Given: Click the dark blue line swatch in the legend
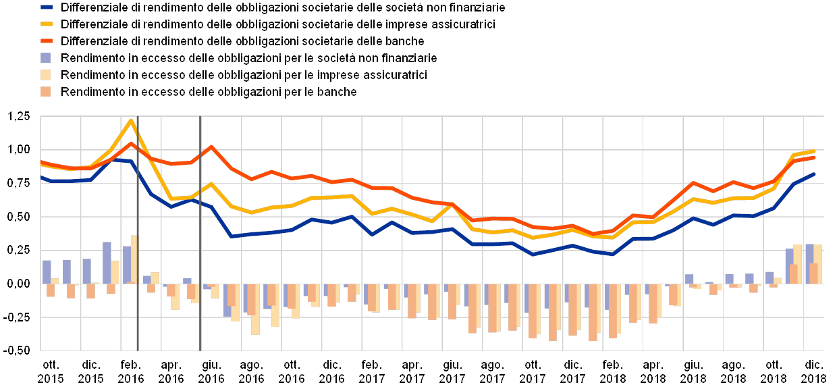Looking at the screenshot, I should (47, 8).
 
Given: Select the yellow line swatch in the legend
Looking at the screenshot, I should (47, 25).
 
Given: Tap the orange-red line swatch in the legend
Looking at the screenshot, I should (47, 42).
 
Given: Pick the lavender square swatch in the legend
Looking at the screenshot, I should (47, 58).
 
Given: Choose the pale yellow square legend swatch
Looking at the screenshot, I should (47, 75).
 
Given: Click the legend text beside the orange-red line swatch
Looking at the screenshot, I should (243, 42).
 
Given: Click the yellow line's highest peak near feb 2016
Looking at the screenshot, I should (131, 120).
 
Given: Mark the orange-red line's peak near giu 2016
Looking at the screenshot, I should (211, 146).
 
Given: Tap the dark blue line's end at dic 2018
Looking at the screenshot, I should (815, 174).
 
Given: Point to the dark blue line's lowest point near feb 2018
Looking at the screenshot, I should (612, 255).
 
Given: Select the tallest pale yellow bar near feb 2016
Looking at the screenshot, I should (134, 259).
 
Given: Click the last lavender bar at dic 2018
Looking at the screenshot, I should (809, 263).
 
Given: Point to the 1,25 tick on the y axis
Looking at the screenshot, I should (19, 117).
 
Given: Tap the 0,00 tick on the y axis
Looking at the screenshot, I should (19, 284).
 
